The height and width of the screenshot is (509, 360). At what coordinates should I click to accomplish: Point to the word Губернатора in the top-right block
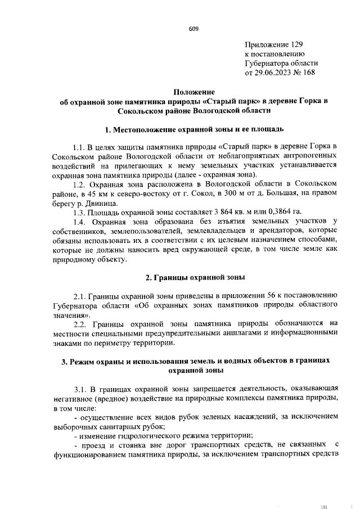pos(267,63)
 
